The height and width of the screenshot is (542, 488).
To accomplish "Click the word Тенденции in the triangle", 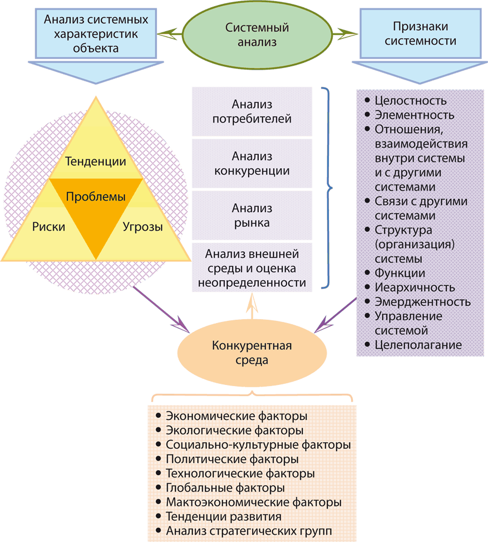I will pos(96,162).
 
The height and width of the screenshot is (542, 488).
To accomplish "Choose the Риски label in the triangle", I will pos(48,227).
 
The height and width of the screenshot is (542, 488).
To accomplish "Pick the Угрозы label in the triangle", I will pos(142,227).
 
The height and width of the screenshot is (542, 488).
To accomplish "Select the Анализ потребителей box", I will pos(253,111).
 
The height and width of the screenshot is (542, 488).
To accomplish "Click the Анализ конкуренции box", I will pos(253,164).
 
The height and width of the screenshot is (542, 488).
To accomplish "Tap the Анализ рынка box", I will pos(253,216).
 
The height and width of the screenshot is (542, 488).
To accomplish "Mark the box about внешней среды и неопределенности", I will pos(253,268).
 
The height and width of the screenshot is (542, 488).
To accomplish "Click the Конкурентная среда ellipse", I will pos(252,352).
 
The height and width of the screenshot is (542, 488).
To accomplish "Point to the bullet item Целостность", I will pos(410,101).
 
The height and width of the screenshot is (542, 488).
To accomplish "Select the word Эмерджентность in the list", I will pos(422,302).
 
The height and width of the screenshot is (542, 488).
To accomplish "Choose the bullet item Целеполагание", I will pos(418,345).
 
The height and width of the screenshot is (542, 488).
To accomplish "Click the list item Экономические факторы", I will pos(236,416).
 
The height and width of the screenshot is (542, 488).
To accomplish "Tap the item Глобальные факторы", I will pos(225,488).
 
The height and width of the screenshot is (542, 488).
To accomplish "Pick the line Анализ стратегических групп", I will pos(248,531).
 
